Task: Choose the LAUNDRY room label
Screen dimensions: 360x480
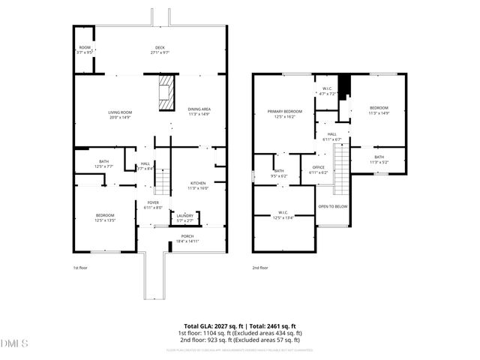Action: (x=184, y=218)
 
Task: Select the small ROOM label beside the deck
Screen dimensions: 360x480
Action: (x=84, y=50)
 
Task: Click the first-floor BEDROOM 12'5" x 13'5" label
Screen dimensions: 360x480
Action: (x=104, y=218)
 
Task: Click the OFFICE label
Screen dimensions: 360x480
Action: (x=318, y=170)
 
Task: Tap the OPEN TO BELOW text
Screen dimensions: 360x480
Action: (x=332, y=206)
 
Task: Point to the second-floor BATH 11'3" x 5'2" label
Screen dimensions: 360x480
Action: (x=379, y=159)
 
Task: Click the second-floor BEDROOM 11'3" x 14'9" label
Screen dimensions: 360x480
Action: (x=379, y=111)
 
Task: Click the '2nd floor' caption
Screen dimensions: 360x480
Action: (x=260, y=268)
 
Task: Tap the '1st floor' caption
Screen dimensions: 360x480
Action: (x=80, y=268)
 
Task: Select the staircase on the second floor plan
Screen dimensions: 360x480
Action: (x=341, y=169)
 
